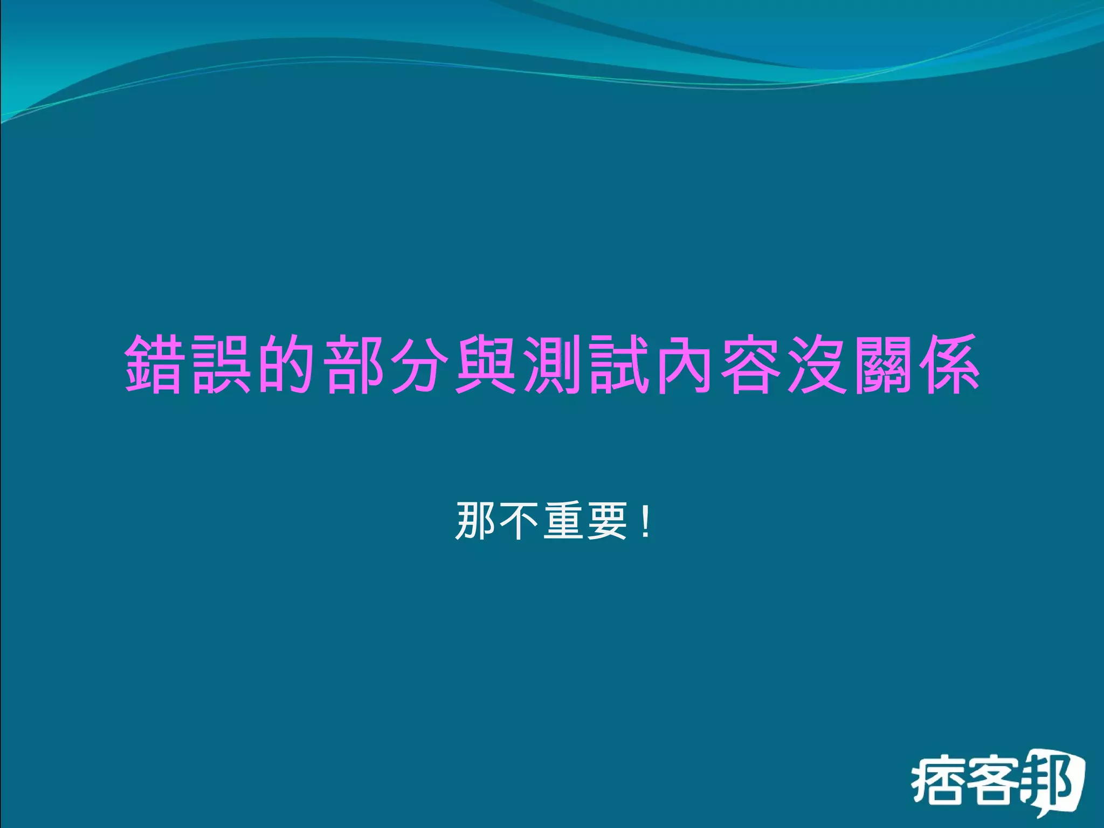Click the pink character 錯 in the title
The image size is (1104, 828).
155,364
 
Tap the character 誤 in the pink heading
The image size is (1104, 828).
222,364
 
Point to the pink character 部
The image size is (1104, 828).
354,364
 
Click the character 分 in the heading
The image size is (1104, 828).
420,364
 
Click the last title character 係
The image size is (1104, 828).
949,364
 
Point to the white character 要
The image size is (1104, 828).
606,521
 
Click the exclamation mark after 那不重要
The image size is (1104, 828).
646,521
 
